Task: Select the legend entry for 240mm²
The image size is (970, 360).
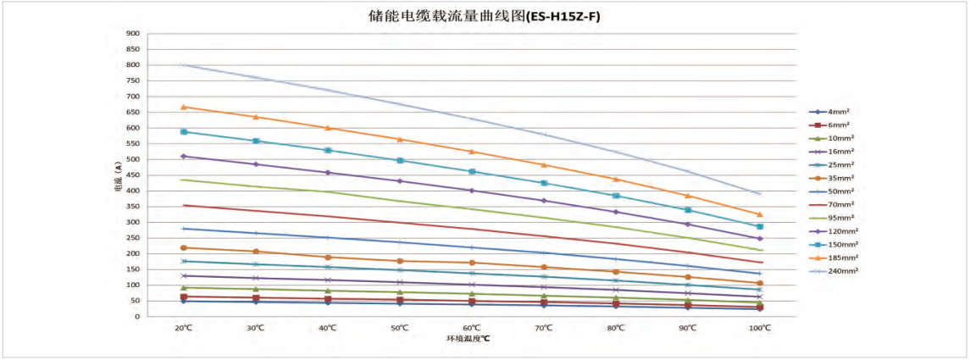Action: point(838,271)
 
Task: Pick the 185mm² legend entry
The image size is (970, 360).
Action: point(838,258)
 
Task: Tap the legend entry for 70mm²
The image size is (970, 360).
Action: point(838,204)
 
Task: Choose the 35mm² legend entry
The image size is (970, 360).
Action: point(838,178)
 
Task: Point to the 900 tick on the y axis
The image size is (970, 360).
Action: point(133,34)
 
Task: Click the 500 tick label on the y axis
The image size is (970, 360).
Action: point(133,159)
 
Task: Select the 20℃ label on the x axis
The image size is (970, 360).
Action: point(183,327)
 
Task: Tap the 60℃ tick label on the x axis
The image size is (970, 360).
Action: point(472,327)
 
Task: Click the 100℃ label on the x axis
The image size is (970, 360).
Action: point(760,327)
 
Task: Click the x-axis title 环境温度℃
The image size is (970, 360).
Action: point(468,339)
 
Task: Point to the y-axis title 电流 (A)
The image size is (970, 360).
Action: point(118,175)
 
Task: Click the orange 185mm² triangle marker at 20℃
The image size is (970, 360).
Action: point(183,107)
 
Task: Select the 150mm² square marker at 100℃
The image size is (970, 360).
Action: point(760,227)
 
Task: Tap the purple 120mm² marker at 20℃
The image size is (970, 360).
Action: point(183,156)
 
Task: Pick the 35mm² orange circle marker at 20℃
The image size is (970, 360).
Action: point(183,247)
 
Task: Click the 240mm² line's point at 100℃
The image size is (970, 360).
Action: point(760,194)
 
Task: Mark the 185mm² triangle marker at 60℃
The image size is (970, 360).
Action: point(472,152)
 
